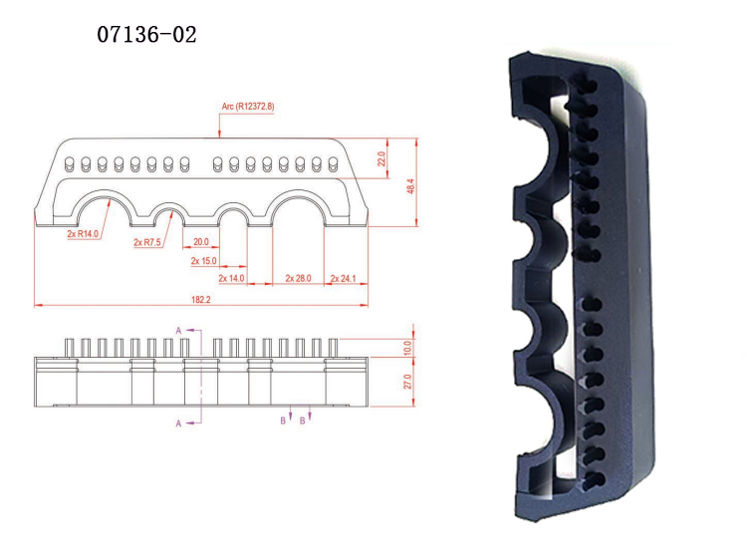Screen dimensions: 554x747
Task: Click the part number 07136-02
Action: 146,35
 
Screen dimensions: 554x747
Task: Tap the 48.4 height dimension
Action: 411,185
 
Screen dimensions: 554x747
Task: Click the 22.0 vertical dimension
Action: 381,158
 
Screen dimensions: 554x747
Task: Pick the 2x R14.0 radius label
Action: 83,234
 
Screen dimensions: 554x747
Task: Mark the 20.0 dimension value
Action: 201,242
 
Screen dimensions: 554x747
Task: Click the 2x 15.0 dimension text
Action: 203,261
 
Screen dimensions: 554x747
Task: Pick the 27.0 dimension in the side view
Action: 407,383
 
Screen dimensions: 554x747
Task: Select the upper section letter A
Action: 178,329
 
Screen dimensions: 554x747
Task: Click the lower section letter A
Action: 178,423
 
